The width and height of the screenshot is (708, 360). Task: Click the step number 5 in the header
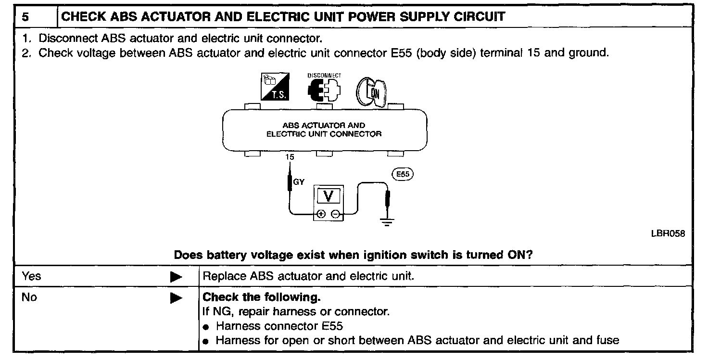[25, 17]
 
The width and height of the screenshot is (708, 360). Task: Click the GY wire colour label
[299, 182]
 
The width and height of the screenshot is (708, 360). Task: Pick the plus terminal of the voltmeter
[321, 214]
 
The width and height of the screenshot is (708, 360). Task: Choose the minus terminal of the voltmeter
[336, 214]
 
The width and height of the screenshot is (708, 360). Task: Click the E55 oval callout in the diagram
[403, 174]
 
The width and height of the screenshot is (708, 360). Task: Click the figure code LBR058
[668, 233]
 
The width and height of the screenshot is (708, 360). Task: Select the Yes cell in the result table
[32, 276]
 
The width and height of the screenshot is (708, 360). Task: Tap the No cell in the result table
[29, 297]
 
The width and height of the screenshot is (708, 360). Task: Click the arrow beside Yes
[177, 277]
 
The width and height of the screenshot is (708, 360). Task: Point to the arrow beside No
[177, 298]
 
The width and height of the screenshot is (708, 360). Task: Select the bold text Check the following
[262, 297]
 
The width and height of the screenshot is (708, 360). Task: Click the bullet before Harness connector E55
[206, 327]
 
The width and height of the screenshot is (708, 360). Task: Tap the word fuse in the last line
[607, 341]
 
